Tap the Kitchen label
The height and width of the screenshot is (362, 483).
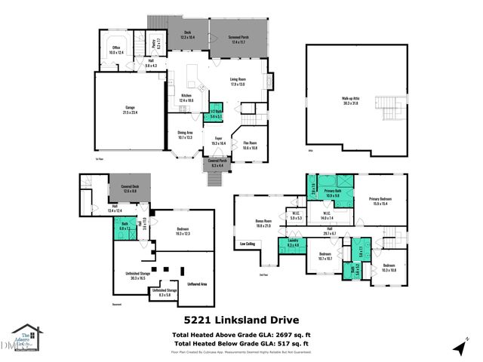tap(187, 97)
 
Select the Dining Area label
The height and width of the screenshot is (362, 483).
tap(185, 136)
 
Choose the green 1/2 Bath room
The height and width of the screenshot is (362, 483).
tap(215, 112)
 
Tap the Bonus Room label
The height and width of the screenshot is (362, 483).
tap(263, 223)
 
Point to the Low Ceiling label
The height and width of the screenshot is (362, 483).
tap(247, 244)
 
